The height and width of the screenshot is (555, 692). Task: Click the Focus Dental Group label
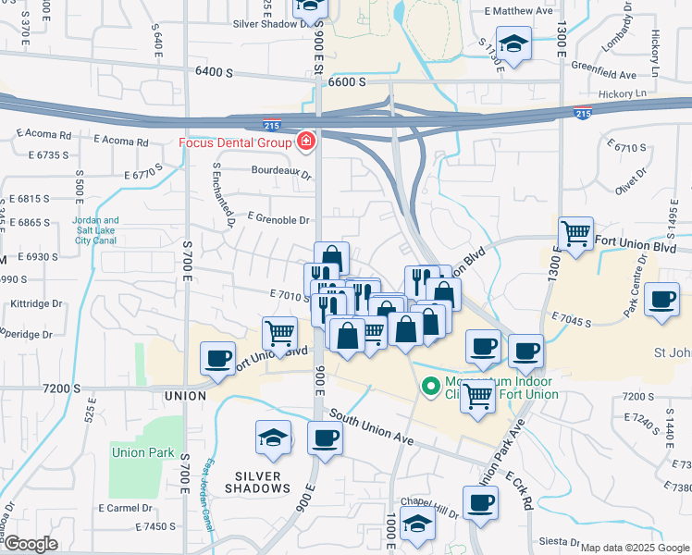(235, 142)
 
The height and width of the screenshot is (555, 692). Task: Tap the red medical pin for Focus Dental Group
(304, 142)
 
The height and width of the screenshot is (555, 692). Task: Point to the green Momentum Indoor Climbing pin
(429, 387)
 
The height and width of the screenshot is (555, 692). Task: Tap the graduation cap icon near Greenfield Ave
(513, 43)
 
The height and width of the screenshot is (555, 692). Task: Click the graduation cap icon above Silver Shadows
(274, 438)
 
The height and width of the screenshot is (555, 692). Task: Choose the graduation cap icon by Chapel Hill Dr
(417, 524)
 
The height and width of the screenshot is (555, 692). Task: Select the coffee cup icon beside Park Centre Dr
(662, 300)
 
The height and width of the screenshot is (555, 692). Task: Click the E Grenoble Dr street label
(278, 220)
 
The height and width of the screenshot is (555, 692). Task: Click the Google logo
(30, 544)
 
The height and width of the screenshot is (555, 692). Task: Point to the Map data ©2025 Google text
(634, 548)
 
